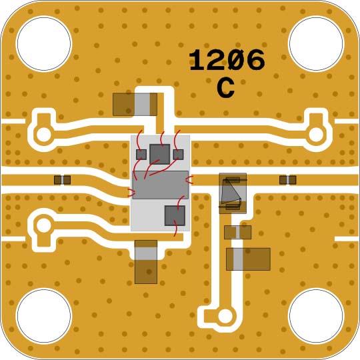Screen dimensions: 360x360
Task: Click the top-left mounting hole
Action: click(44, 43)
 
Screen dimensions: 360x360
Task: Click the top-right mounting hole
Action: click(316, 43)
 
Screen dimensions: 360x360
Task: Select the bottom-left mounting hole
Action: click(44, 316)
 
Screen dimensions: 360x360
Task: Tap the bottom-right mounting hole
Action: click(316, 316)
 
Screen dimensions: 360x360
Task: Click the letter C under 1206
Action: click(226, 88)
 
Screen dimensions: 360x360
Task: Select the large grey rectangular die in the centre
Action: click(161, 185)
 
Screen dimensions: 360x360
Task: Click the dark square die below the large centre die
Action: click(175, 215)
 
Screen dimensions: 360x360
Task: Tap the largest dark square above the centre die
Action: click(160, 154)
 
